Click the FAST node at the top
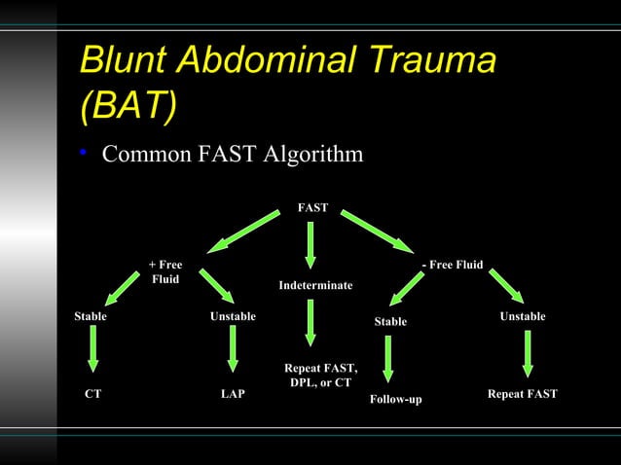tap(312, 207)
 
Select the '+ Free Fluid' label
tap(164, 272)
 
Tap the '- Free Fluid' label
tap(452, 266)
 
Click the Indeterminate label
tap(315, 285)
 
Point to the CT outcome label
tap(92, 394)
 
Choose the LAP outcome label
tap(232, 394)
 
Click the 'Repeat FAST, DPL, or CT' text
tap(320, 376)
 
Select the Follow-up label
tap(396, 400)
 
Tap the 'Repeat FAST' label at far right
tap(522, 394)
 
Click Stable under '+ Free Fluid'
tap(91, 316)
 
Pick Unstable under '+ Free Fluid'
tap(233, 316)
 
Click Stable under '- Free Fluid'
tap(390, 321)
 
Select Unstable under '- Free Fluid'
tap(523, 316)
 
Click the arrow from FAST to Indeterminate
tap(310, 245)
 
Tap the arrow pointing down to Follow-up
tap(389, 359)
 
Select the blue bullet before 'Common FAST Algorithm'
tap(86, 155)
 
